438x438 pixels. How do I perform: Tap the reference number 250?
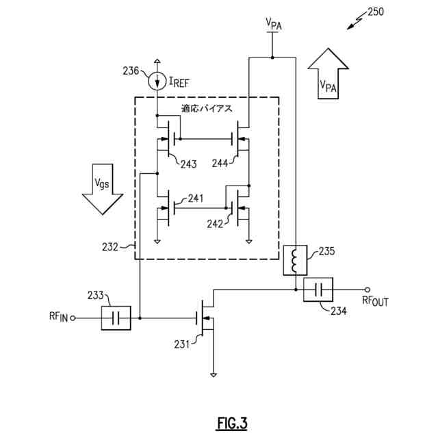376,12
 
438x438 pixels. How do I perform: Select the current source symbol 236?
157,79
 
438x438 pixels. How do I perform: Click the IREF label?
179,83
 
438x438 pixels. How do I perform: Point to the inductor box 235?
295,260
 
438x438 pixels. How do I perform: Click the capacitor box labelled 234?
318,289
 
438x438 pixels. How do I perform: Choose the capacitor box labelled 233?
115,318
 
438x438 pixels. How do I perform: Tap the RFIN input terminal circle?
73,318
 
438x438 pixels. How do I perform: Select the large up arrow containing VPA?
328,75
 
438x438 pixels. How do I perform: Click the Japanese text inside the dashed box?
207,109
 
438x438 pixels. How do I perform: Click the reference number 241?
196,199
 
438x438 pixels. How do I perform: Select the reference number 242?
214,224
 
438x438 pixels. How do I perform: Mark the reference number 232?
109,246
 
